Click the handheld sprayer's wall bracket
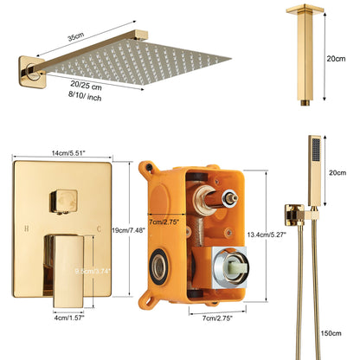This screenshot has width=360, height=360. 295,209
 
